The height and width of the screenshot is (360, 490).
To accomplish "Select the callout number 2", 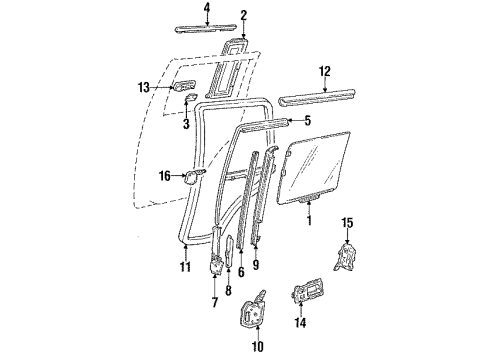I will tap(243, 16).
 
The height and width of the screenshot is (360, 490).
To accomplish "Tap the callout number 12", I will tap(323, 70).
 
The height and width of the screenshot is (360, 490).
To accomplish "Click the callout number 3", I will tap(187, 124).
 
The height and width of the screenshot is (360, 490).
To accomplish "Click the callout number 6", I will tap(242, 271).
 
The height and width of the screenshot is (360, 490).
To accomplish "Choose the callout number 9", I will tap(257, 265).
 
